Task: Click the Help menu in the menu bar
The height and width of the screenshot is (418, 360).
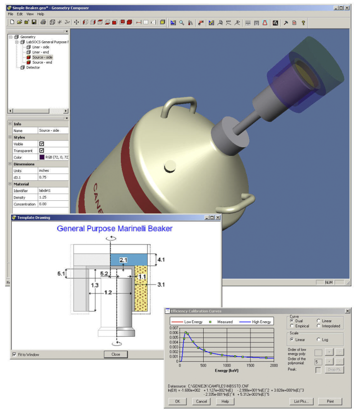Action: [x=40, y=14]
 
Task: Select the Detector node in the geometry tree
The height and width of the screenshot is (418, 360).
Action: [x=33, y=68]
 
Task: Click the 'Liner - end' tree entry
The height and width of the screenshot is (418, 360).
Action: [x=40, y=52]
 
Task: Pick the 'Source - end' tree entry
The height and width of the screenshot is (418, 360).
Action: [x=42, y=63]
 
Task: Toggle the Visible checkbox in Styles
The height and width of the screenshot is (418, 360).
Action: [x=42, y=144]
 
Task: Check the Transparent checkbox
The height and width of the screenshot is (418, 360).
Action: [x=42, y=151]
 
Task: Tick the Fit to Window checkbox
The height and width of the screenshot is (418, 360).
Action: [x=14, y=354]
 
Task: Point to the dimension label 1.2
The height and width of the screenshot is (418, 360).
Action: [x=108, y=293]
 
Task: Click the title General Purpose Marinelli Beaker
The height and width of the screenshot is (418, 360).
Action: [x=115, y=229]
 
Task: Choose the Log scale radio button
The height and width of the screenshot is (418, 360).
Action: [x=319, y=339]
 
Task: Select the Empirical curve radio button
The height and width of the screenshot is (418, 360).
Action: [x=292, y=326]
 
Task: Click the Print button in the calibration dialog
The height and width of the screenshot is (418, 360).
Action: [x=330, y=402]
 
